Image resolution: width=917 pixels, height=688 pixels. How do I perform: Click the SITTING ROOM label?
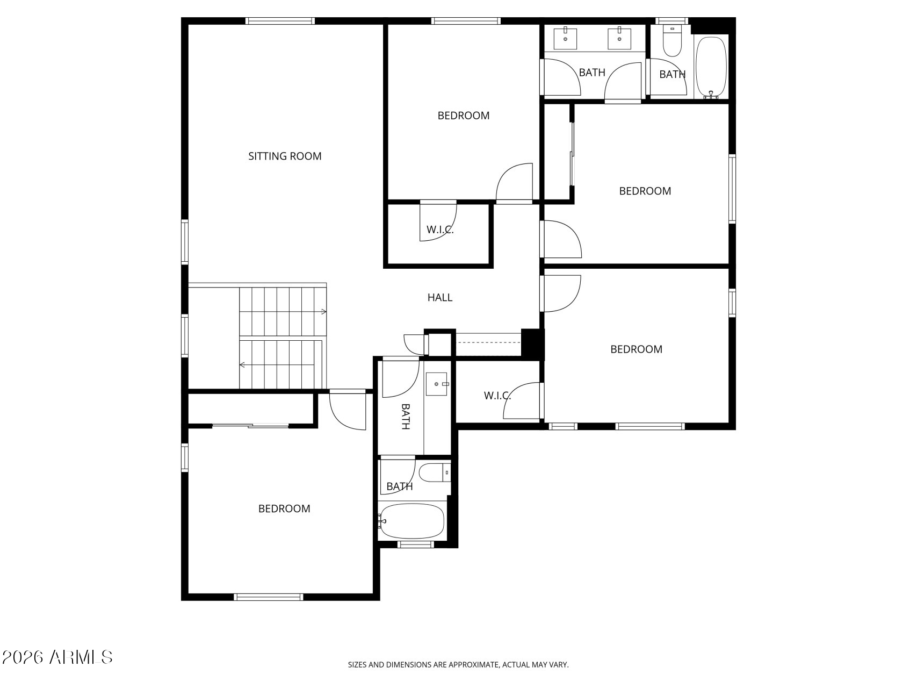point(285,156)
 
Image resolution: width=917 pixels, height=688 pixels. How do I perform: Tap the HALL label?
point(439,297)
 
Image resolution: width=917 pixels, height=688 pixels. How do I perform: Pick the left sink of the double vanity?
point(565,38)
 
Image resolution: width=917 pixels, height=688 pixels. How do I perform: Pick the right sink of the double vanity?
point(619,38)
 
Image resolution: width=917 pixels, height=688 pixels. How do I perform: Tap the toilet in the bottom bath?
point(433,472)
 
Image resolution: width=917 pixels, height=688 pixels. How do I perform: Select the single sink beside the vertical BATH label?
point(437,384)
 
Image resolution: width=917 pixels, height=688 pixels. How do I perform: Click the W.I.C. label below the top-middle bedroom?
point(440,230)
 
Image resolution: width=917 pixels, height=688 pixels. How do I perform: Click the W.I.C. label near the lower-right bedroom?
point(497,396)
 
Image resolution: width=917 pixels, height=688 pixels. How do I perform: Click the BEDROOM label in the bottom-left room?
point(284,509)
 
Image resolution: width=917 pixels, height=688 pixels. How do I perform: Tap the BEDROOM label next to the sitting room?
point(463,116)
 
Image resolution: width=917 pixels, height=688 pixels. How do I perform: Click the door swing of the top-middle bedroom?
point(513,183)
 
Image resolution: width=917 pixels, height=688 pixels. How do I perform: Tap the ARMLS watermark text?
point(81,657)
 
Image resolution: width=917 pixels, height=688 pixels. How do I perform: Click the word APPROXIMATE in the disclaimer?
point(473,665)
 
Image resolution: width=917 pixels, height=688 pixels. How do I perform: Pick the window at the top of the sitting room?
point(280,21)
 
